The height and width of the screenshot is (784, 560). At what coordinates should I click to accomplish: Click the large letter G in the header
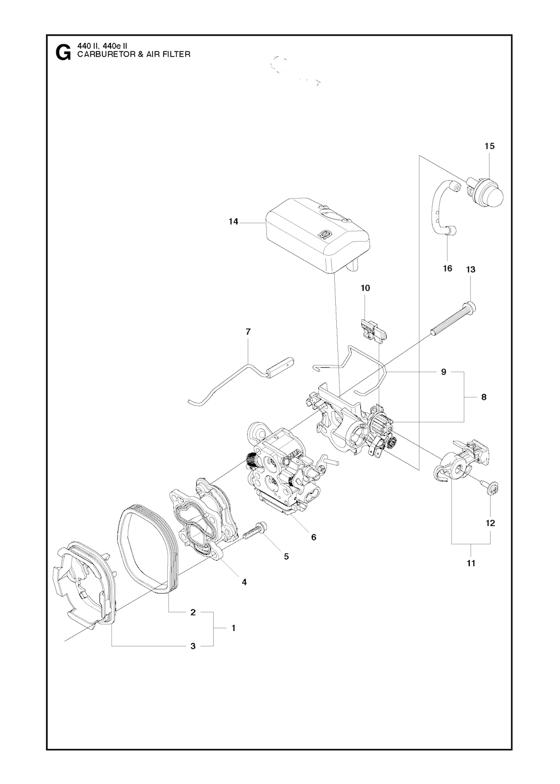click(63, 52)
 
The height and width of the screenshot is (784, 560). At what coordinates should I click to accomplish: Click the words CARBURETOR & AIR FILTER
click(133, 54)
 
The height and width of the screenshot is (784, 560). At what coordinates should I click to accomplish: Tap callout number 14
click(234, 222)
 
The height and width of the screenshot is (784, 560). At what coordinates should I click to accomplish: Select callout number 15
click(489, 146)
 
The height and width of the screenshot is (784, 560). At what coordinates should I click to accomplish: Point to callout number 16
click(447, 268)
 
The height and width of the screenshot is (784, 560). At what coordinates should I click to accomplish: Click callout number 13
click(471, 269)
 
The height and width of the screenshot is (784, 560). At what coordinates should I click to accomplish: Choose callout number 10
click(365, 288)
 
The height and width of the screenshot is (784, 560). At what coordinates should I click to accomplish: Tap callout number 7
click(248, 332)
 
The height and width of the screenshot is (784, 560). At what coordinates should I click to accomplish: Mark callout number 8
click(484, 397)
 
